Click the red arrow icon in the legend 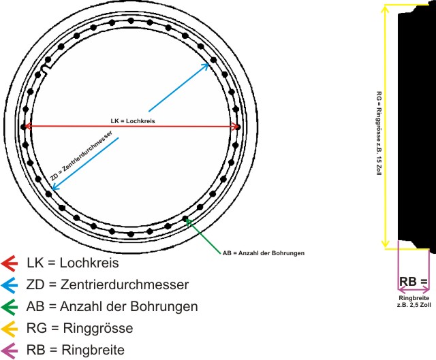coord(10,263)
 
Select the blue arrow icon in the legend coord(10,284)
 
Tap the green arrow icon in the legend coord(10,306)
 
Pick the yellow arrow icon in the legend coord(10,328)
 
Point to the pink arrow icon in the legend coord(10,350)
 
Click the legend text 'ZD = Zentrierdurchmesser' coord(108,284)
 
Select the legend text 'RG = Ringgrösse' coord(80,328)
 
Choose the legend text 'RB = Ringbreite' coord(76,350)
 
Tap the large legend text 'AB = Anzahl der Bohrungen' coord(112,306)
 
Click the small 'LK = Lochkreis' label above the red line coord(133,120)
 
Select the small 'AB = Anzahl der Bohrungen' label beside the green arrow coord(263,253)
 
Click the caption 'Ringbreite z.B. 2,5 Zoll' coord(414,301)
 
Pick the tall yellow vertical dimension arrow coord(386,126)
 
